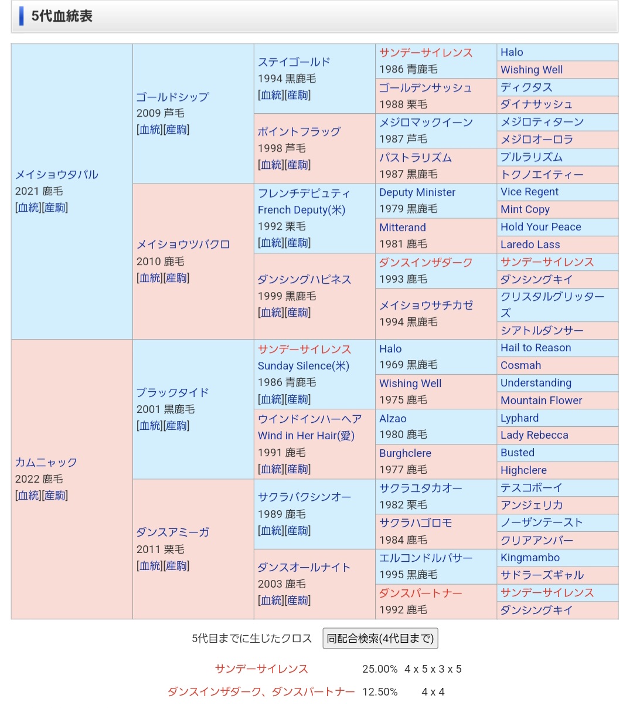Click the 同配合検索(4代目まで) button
[380, 639]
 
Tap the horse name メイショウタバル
[57, 175]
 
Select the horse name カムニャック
[46, 463]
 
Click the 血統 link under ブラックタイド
[149, 426]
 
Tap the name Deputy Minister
[417, 192]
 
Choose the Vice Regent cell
[529, 192]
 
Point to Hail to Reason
[536, 348]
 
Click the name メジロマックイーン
[426, 123]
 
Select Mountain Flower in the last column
[541, 401]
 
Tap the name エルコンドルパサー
[426, 558]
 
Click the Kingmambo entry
[530, 558]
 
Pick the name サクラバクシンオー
[304, 497]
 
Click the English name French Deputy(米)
[301, 210]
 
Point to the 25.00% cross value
[380, 669]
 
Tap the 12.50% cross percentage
[380, 692]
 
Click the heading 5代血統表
[62, 16]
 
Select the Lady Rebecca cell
[534, 435]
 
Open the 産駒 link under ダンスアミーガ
[176, 566]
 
